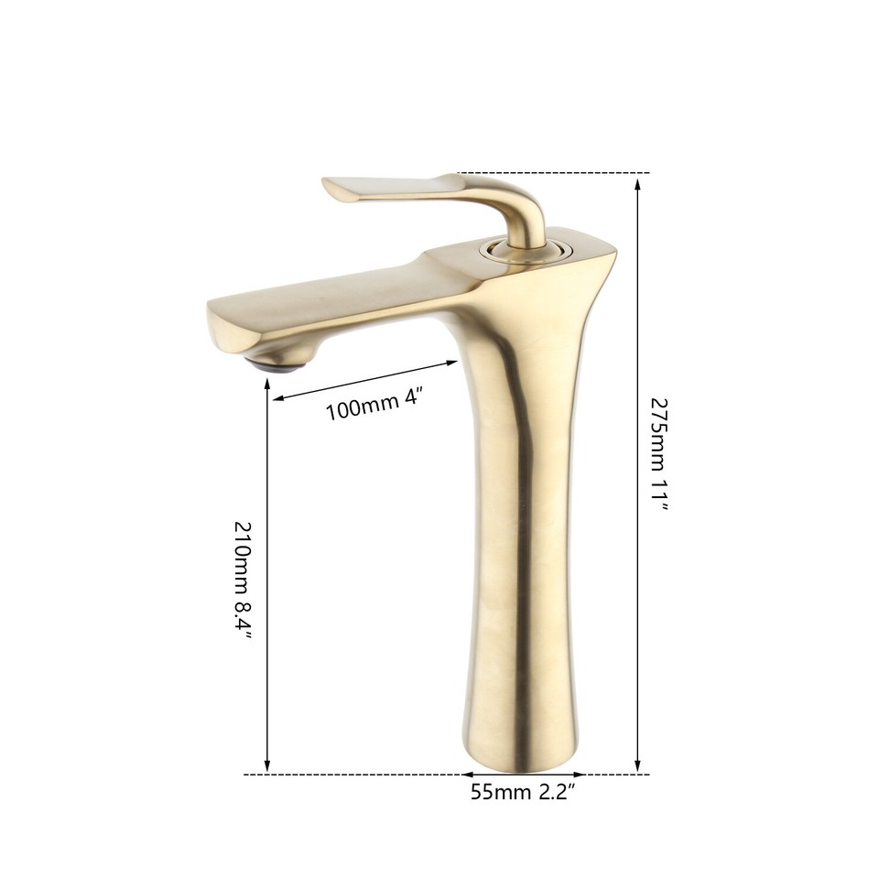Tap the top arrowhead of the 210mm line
(267, 389)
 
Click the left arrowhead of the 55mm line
(464, 775)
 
